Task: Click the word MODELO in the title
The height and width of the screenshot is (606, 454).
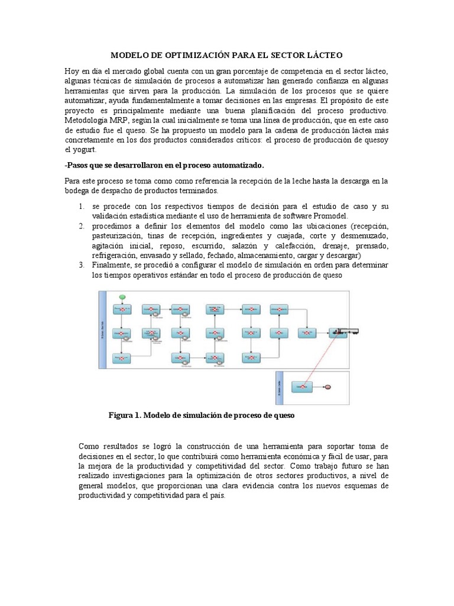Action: coord(128,54)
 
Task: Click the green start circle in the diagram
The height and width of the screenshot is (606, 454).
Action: coord(122,296)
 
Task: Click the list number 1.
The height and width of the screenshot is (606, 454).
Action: coord(81,206)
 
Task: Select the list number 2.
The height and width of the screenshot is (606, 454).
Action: coord(81,227)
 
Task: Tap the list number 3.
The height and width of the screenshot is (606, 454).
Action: coord(81,265)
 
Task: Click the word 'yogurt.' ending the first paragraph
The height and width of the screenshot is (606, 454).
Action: coord(77,150)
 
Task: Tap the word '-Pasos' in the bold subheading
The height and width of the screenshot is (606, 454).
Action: coord(77,165)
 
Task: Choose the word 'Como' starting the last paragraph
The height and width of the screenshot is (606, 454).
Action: coord(88,446)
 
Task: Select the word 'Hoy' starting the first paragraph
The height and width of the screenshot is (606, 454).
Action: coord(72,71)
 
